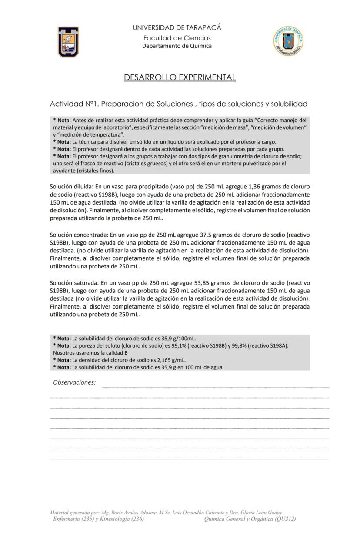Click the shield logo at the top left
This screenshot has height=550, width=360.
[68, 42]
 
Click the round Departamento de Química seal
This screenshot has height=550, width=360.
[288, 41]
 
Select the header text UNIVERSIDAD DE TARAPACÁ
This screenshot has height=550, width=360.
[177, 27]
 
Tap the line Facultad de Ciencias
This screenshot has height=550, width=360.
[177, 38]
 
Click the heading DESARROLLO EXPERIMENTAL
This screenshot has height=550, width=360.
[180, 77]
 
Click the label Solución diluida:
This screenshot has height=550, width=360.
[71, 187]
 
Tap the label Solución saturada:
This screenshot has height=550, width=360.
[75, 283]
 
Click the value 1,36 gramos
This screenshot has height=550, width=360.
[259, 187]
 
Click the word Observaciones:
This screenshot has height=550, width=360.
[74, 382]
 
